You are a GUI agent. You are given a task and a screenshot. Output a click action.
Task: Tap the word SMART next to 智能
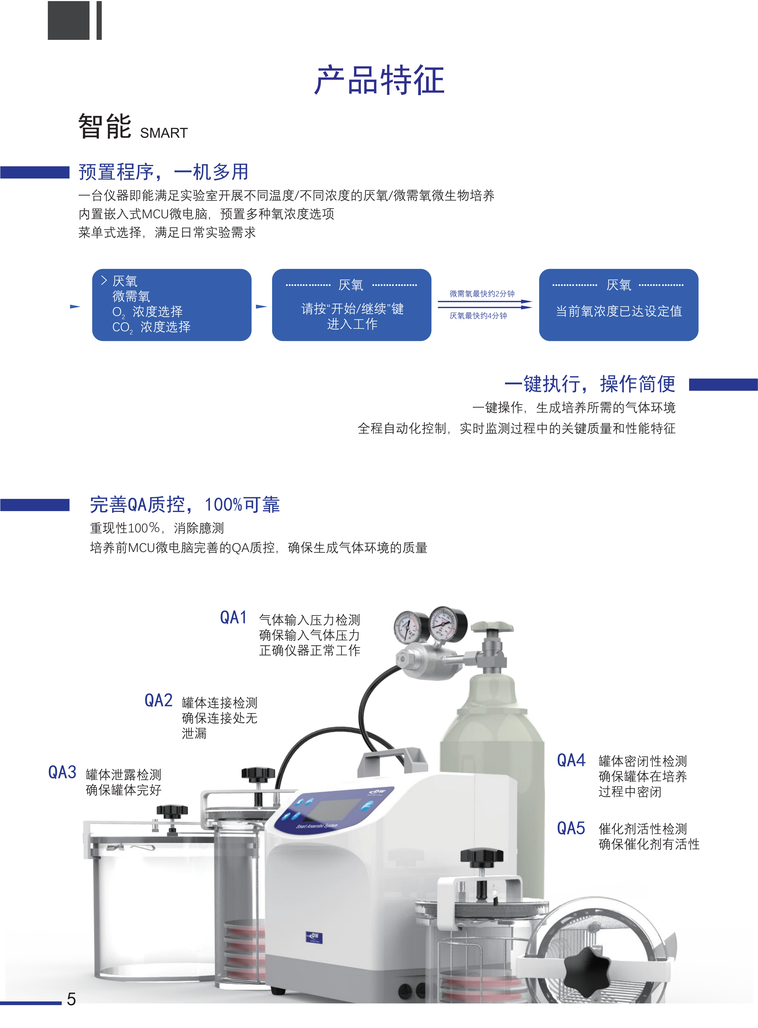[164, 133]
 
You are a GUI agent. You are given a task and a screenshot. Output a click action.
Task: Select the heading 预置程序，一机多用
[163, 172]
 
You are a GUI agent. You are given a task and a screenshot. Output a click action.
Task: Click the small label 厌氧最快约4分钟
[478, 316]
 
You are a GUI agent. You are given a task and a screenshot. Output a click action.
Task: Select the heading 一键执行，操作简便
[590, 384]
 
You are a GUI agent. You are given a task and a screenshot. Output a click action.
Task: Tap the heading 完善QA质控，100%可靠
[185, 504]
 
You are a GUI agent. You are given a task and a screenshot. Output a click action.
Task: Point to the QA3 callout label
[62, 772]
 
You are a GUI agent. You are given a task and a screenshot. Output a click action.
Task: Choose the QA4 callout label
[571, 760]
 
